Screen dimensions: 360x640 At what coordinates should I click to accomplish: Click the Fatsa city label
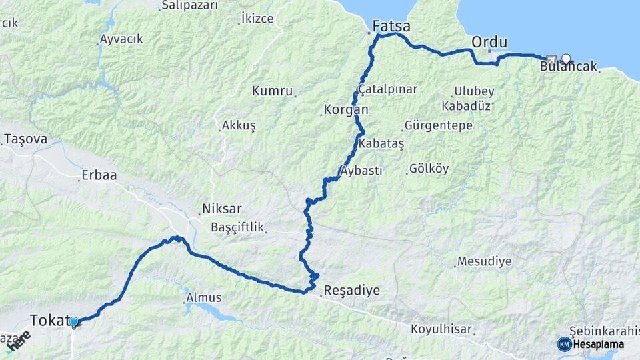point(391,27)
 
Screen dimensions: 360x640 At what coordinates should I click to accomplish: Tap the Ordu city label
point(489,42)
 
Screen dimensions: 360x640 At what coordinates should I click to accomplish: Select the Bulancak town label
point(568,67)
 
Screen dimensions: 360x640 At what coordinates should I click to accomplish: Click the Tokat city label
point(48,319)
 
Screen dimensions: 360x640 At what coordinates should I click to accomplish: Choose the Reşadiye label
point(351,291)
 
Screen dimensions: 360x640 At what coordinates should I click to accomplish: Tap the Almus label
point(204,297)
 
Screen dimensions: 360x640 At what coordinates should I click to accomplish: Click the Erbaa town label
point(99,176)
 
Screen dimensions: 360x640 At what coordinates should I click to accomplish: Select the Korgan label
point(345,109)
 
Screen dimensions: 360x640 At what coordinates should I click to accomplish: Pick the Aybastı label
point(362,171)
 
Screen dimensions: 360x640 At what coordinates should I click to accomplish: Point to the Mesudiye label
point(484,261)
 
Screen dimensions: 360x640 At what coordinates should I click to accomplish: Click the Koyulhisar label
point(441,329)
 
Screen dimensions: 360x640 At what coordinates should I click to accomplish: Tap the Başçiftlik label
point(238,227)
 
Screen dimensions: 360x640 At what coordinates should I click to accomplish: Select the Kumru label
point(272,91)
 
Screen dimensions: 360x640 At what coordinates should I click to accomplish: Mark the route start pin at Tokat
point(73,322)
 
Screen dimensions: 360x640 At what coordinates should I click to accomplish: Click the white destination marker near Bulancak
point(566,58)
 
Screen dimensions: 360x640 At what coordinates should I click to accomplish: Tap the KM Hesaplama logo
point(591,344)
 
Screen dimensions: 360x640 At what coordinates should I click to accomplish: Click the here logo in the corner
point(19,341)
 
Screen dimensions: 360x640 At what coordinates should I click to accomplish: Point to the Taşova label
point(25,139)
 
